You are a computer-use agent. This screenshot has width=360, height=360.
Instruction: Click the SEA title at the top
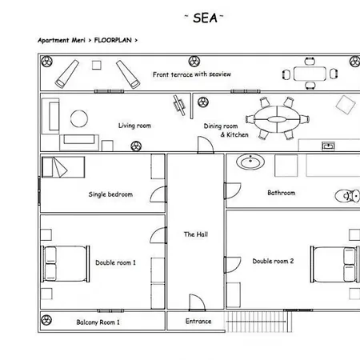pyautogui.click(x=205, y=18)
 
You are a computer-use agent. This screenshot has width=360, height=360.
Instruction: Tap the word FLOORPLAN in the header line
pyautogui.click(x=113, y=40)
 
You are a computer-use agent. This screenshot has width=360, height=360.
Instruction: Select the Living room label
pyautogui.click(x=134, y=126)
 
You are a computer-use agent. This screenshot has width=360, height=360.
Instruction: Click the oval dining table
pyautogui.click(x=277, y=119)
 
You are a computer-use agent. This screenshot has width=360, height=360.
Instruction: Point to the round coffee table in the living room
pyautogui.click(x=79, y=118)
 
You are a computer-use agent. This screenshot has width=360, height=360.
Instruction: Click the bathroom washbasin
pyautogui.click(x=250, y=162)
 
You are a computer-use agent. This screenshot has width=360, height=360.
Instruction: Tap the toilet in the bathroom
pyautogui.click(x=347, y=196)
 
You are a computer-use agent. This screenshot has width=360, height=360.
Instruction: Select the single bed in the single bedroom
pyautogui.click(x=63, y=167)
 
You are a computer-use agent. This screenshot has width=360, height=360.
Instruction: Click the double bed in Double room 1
pyautogui.click(x=65, y=263)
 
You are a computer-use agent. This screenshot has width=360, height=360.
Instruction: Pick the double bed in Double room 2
pyautogui.click(x=334, y=264)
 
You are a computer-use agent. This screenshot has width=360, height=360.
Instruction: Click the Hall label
pyautogui.click(x=196, y=234)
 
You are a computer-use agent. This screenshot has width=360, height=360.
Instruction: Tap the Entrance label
pyautogui.click(x=198, y=322)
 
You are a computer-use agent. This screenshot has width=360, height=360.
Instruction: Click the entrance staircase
pyautogui.click(x=258, y=322)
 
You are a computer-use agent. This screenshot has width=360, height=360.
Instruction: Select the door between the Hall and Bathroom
pyautogui.click(x=233, y=190)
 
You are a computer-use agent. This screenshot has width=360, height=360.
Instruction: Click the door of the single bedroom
pyautogui.click(x=158, y=194)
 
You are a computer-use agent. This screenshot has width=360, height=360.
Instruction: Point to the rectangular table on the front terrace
pyautogui.click(x=310, y=74)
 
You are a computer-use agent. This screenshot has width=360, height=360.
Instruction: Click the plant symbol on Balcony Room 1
pyautogui.click(x=46, y=320)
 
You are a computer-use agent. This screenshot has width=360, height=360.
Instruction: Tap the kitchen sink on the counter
pyautogui.click(x=328, y=146)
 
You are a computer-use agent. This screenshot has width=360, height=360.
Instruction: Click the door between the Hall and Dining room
pyautogui.click(x=206, y=145)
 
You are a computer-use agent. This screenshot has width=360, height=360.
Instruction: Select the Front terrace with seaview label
pyautogui.click(x=192, y=74)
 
